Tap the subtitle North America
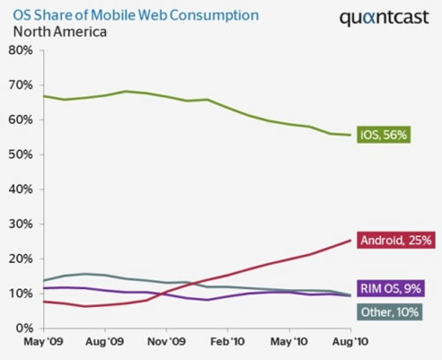coord(60,32)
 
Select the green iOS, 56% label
coord(385,135)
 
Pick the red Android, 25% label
coord(395,239)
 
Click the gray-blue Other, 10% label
coord(391,311)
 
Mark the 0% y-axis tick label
coord(24,328)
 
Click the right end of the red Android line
coord(352,240)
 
